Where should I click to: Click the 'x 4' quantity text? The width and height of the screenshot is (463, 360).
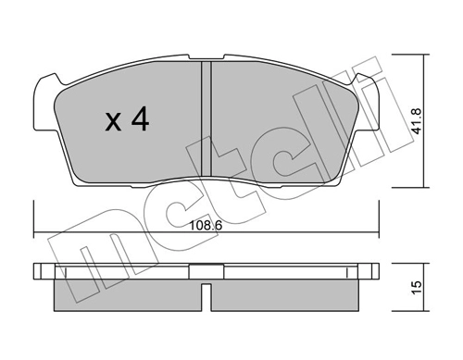(126, 119)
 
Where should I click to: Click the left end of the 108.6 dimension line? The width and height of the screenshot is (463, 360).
(34, 231)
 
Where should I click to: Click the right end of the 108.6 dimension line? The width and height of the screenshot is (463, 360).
(381, 231)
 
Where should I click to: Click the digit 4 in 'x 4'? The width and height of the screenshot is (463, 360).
(141, 119)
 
